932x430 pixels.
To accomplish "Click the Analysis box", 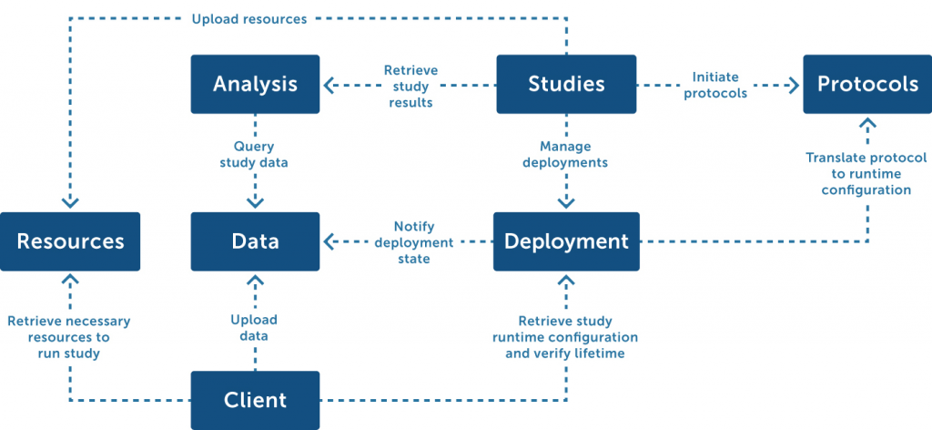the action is tap(255, 84).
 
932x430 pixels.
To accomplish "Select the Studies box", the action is tap(566, 84).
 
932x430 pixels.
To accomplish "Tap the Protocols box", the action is tap(867, 84).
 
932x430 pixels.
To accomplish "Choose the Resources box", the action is tap(70, 241).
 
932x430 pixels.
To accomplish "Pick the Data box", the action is tap(255, 241).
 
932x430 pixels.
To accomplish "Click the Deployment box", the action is tap(566, 241).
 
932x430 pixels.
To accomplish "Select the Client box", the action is tap(255, 400).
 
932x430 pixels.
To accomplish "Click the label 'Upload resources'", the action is tap(249, 19).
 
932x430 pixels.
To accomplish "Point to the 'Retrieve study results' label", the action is tap(410, 87).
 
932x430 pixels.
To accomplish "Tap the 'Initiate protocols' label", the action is tap(715, 85).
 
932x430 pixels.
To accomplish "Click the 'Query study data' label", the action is tap(254, 154).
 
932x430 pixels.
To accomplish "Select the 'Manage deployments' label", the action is tap(565, 154).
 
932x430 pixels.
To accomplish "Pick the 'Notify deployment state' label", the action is tap(414, 242).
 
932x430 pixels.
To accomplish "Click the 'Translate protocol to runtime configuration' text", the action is tap(866, 174).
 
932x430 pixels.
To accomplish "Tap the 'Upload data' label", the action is tap(254, 328).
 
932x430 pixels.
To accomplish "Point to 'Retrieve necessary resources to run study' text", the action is tap(69, 337).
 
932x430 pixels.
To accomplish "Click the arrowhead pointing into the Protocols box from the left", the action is tap(794, 85).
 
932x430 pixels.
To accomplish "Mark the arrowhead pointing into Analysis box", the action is tap(329, 85).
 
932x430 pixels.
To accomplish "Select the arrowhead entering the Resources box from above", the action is tap(70, 203).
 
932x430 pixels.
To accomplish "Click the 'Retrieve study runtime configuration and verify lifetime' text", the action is tap(565, 337).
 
